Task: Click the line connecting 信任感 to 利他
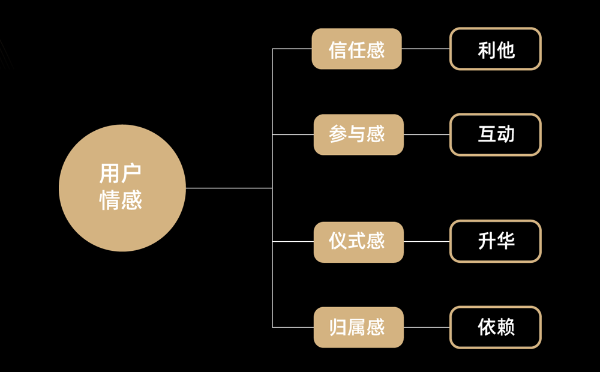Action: click(425, 49)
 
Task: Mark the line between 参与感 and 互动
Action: click(427, 134)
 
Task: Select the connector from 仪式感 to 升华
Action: click(427, 241)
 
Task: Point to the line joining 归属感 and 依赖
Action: click(427, 327)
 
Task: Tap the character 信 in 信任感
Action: click(338, 49)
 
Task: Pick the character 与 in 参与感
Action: click(358, 134)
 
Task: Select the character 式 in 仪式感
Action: click(358, 241)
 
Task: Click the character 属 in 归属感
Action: click(358, 327)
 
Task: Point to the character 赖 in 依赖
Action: click(506, 327)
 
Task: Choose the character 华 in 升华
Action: click(506, 241)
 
